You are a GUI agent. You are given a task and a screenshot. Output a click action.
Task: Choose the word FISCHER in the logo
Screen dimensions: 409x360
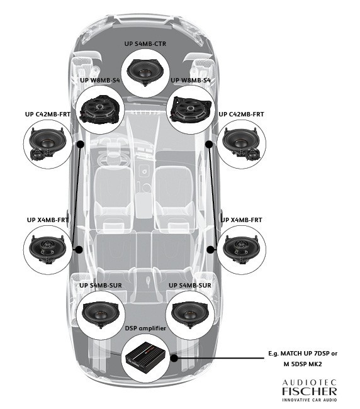tap(309, 392)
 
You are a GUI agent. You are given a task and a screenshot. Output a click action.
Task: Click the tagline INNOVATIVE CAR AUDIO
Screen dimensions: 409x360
tap(309, 400)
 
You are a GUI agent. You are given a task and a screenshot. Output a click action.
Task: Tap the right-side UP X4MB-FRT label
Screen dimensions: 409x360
tap(241, 220)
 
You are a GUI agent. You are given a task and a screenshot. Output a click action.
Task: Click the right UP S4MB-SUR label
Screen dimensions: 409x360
tap(190, 285)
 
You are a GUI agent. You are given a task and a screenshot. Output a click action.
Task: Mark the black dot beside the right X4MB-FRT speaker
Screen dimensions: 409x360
tap(210, 249)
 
